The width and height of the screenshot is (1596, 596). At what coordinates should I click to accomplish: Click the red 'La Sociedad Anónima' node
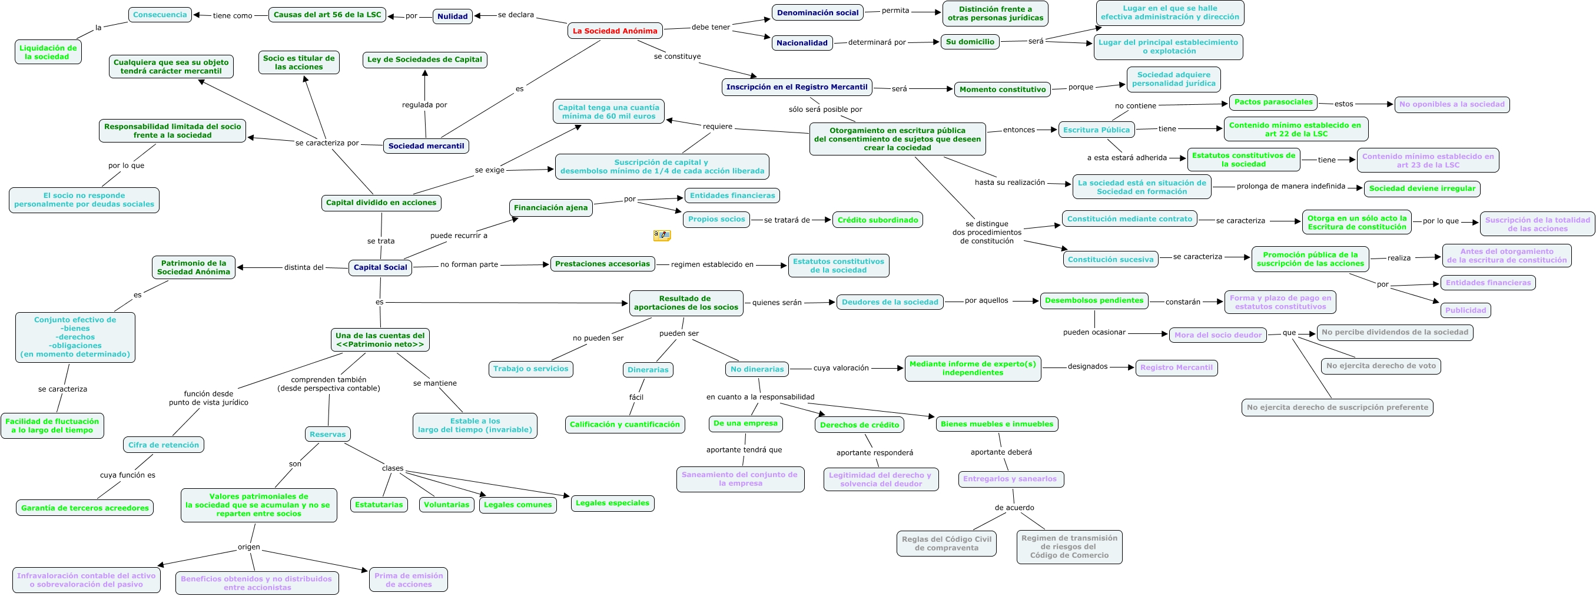click(x=615, y=31)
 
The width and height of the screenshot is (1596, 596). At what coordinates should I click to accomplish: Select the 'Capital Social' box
click(x=380, y=267)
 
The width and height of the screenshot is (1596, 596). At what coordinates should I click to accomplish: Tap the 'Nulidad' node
click(x=452, y=16)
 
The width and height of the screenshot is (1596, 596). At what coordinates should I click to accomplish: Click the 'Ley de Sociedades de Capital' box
click(x=424, y=59)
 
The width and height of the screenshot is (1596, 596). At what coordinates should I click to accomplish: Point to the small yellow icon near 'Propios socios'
click(x=662, y=236)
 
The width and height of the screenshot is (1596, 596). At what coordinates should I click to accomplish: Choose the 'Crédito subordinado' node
click(x=877, y=220)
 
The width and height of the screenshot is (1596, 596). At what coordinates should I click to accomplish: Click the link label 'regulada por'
click(x=424, y=105)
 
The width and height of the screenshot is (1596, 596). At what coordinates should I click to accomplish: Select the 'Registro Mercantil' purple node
click(x=1176, y=367)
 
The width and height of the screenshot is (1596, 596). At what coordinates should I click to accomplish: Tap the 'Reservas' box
click(x=327, y=434)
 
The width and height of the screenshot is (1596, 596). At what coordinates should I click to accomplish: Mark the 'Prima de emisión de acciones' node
click(x=409, y=580)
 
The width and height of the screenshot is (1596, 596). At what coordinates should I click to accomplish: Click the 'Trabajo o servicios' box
click(x=530, y=369)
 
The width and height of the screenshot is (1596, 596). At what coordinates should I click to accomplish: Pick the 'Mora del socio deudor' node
click(x=1217, y=335)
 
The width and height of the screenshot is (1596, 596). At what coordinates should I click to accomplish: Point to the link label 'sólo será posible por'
click(x=825, y=109)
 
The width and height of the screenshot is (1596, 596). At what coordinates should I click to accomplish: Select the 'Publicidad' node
click(x=1465, y=310)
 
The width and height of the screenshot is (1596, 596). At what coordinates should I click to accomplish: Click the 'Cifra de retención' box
click(x=164, y=445)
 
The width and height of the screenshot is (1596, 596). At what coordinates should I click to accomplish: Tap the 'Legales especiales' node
click(x=612, y=503)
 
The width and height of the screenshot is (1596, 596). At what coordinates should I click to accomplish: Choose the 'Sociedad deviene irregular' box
click(x=1422, y=188)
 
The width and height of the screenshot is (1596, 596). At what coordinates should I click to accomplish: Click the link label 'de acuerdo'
click(x=1014, y=508)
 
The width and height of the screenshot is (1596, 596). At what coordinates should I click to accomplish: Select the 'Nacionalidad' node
click(x=802, y=43)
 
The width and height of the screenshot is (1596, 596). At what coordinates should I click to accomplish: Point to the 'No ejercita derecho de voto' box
click(x=1381, y=366)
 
